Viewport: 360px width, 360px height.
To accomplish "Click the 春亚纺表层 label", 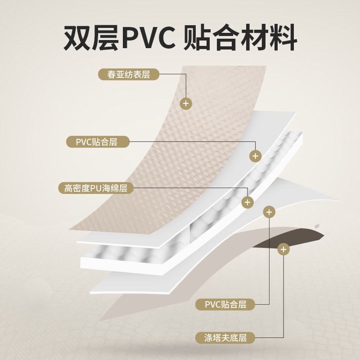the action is [x=129, y=74].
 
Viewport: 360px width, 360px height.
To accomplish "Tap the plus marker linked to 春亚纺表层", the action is [x=186, y=103].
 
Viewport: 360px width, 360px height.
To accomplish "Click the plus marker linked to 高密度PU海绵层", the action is [x=247, y=202].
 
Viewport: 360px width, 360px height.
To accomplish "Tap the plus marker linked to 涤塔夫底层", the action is [x=283, y=248].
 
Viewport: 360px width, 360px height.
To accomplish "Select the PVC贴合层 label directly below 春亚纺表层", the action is [x=97, y=142].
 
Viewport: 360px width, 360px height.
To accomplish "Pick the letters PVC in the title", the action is [x=149, y=40].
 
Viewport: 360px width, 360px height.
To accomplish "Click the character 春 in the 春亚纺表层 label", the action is [x=111, y=74].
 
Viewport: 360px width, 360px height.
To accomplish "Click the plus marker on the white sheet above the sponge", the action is [x=256, y=156].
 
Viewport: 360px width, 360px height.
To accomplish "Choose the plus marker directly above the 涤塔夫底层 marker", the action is [x=269, y=211].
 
